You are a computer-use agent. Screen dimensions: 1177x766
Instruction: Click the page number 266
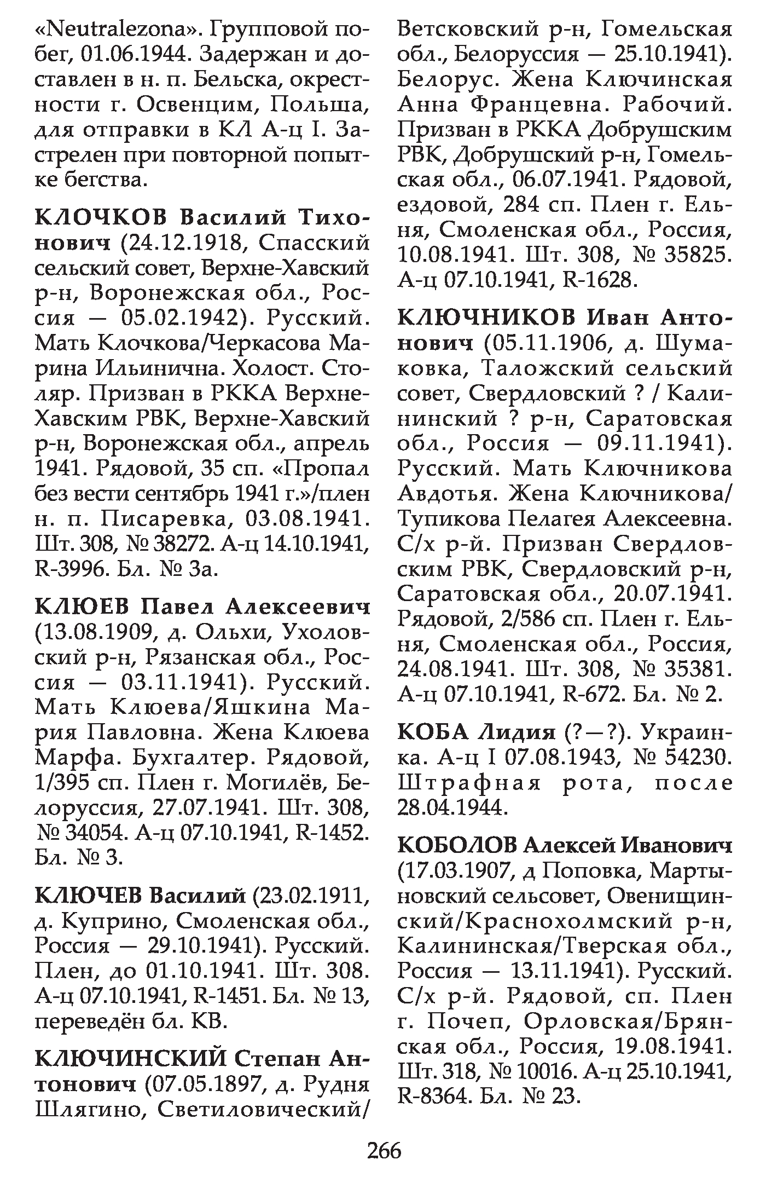(x=384, y=1152)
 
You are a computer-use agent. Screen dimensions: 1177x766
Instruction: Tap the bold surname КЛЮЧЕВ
(x=89, y=895)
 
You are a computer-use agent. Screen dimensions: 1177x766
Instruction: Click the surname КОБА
(x=433, y=732)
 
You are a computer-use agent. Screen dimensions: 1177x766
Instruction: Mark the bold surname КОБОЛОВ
(x=457, y=845)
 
